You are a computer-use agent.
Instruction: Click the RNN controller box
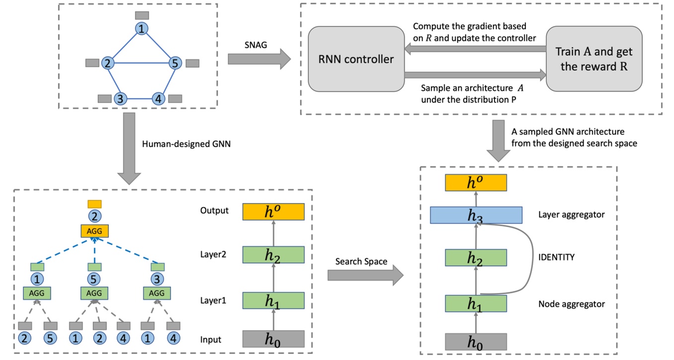356,59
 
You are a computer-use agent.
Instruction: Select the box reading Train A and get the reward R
594,59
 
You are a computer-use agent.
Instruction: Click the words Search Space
361,262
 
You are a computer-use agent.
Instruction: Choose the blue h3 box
476,215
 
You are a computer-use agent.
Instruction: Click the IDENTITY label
557,257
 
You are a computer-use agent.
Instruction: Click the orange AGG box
94,231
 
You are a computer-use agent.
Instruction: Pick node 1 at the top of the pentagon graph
143,29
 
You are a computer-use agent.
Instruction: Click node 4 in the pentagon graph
158,98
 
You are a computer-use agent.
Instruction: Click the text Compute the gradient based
469,26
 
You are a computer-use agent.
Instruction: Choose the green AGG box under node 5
94,293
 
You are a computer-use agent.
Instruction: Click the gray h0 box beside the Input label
273,339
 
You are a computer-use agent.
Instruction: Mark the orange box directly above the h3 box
476,183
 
